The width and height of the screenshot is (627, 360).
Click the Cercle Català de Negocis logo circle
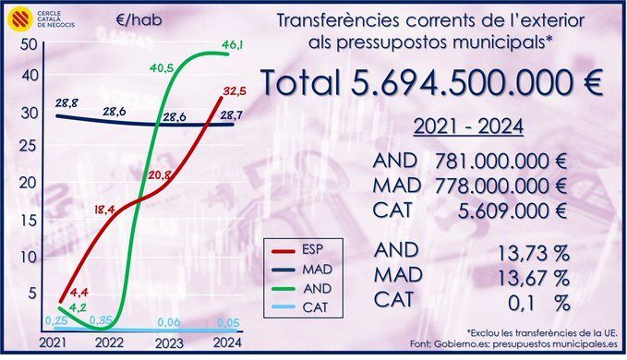[x=20, y=18]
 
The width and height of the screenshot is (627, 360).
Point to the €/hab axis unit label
[x=139, y=20]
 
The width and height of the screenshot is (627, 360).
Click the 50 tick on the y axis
[x=29, y=44]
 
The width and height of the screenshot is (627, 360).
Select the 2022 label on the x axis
[x=109, y=342]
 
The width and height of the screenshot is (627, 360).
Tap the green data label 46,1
[x=233, y=45]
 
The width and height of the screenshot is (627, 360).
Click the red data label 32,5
[x=235, y=91]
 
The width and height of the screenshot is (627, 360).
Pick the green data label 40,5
[x=162, y=68]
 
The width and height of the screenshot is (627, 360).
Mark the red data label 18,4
[x=105, y=210]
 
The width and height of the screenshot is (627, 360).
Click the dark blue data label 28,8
[x=66, y=103]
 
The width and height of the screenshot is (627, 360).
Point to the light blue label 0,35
[x=101, y=320]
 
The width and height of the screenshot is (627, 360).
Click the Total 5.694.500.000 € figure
[x=432, y=82]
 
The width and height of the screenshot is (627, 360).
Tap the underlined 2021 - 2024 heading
[x=468, y=126]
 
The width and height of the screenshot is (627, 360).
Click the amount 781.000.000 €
[x=500, y=162]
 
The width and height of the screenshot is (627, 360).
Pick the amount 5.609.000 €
[x=512, y=211]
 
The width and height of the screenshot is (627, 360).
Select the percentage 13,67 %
[x=533, y=278]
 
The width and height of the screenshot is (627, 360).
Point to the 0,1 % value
[x=539, y=304]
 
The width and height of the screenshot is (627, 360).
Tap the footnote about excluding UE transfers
[x=541, y=333]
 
